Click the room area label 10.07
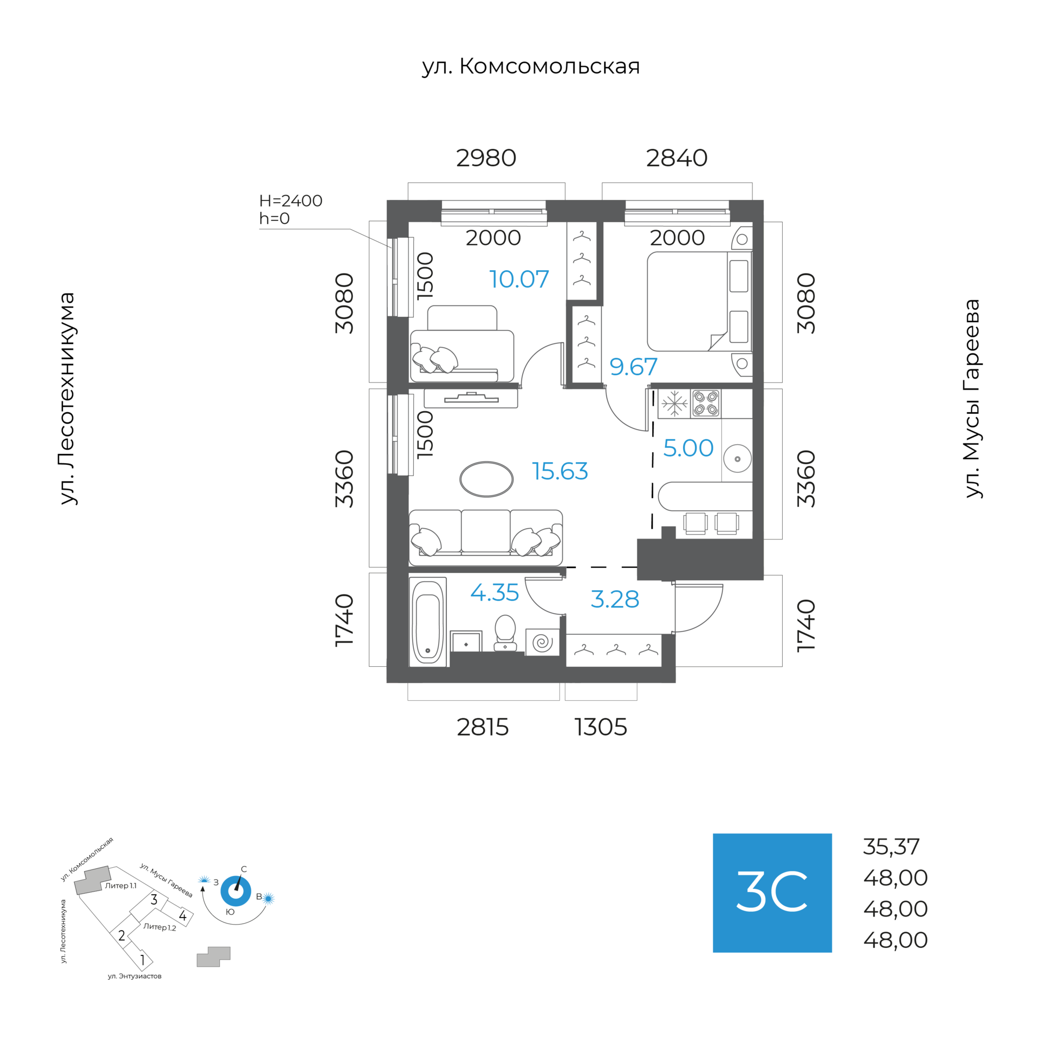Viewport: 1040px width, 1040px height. [519, 279]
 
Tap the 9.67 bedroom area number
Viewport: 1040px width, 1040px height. [633, 367]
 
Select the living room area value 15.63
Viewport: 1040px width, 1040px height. [560, 471]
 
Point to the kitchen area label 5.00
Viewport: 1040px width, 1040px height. [688, 448]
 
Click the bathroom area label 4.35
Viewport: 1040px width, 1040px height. [495, 593]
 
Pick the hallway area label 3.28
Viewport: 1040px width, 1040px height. [615, 599]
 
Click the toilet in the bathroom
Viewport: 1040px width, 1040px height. [505, 632]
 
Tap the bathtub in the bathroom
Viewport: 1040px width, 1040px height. [427, 621]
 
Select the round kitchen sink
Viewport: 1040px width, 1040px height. [737, 459]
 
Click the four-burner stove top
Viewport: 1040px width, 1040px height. [705, 404]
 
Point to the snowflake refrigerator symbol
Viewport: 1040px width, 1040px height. [674, 404]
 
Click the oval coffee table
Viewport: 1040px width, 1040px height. [486, 479]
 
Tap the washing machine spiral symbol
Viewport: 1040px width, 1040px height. [542, 642]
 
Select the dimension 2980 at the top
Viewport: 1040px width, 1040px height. [486, 158]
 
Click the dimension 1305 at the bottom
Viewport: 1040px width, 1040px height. [601, 727]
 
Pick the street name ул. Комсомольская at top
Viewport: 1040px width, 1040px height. [531, 67]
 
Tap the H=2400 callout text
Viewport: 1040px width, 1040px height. [291, 201]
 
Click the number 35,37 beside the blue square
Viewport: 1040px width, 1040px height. [891, 847]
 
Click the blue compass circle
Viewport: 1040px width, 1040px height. [236, 891]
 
